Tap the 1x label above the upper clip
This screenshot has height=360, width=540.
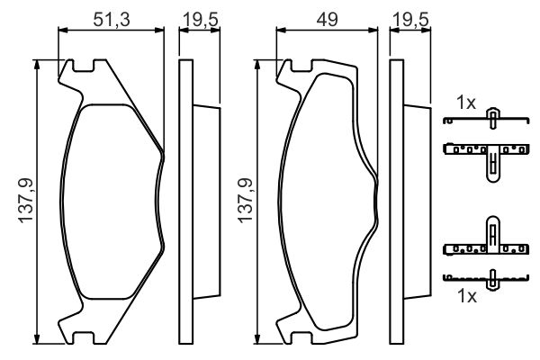[x=466, y=103]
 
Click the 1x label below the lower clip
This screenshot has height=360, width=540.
[x=466, y=295]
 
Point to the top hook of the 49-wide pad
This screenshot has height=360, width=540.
[x=288, y=68]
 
